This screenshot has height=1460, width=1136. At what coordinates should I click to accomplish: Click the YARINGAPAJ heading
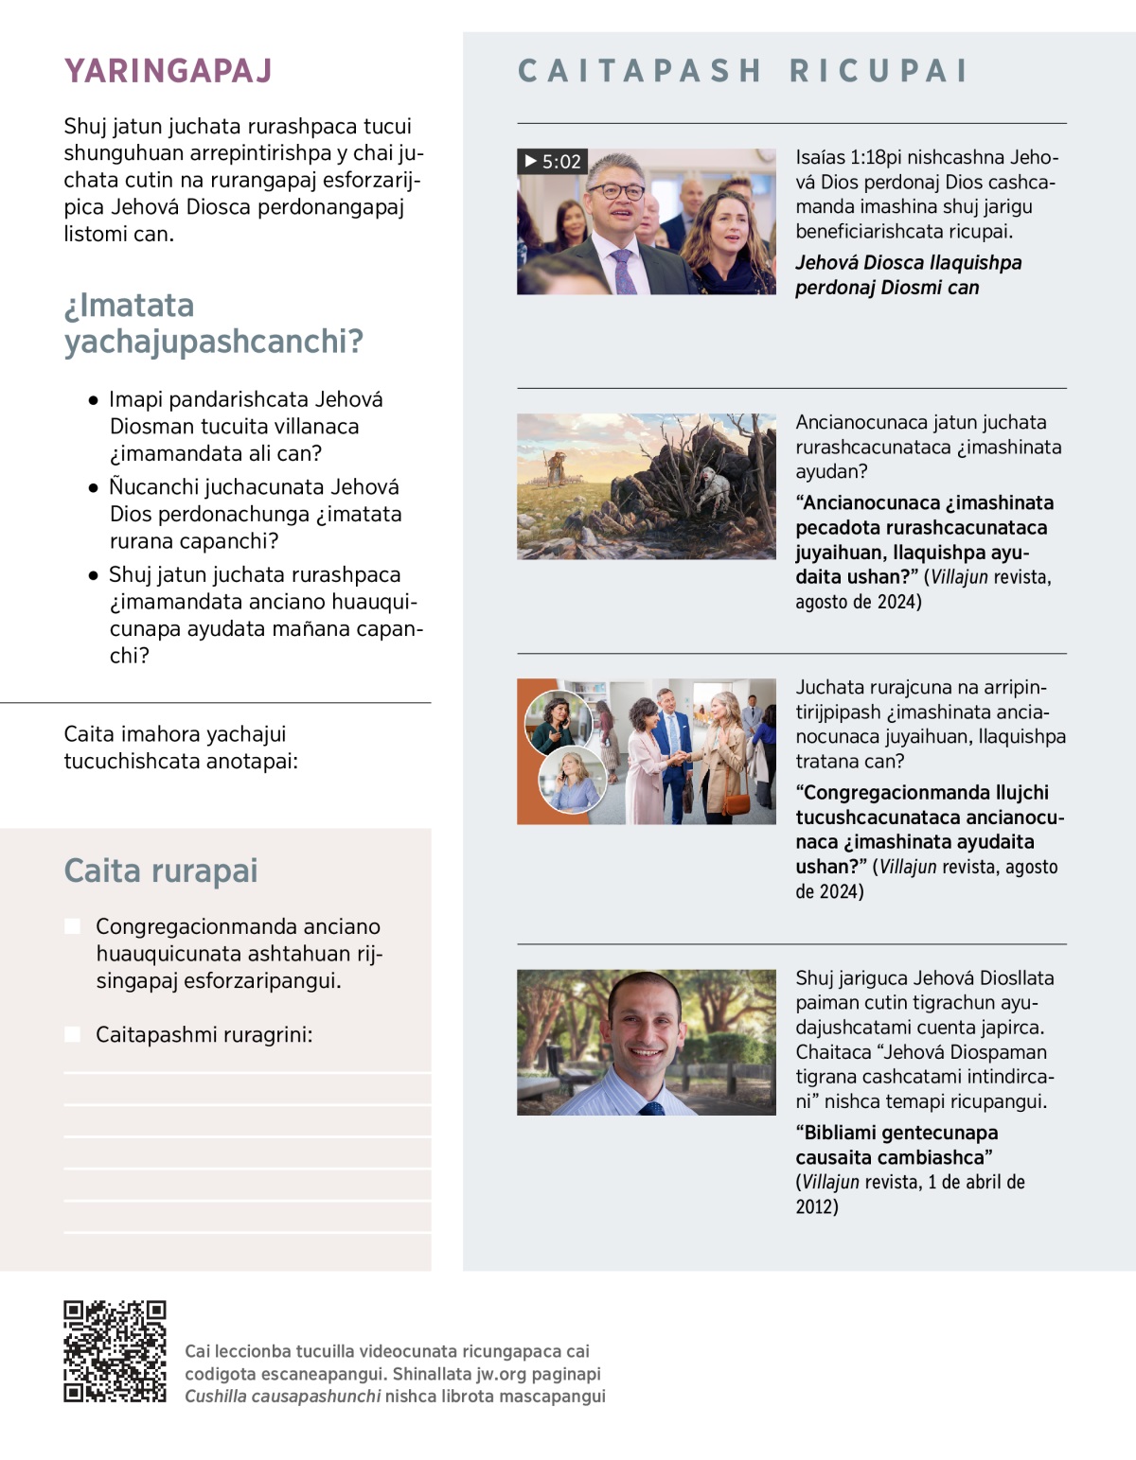pos(168,71)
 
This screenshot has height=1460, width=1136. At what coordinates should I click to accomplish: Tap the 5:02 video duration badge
pos(553,162)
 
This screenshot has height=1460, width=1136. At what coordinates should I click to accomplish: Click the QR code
pos(115,1350)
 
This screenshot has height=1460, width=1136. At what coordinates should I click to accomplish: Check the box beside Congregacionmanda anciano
pos(73,926)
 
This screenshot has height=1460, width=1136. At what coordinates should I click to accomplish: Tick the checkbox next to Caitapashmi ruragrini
pos(73,1034)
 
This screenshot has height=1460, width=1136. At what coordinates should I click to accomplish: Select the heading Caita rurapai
pos(160,871)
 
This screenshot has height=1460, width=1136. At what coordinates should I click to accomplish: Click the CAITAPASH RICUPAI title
pos(743,71)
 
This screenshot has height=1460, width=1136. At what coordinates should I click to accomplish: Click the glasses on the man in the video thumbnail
pos(616,191)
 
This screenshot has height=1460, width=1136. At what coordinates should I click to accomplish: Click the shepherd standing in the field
pos(558,466)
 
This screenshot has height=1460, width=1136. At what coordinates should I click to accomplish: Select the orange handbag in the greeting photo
pos(736,802)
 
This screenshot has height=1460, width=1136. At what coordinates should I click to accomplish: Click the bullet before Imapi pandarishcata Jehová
pos(93,400)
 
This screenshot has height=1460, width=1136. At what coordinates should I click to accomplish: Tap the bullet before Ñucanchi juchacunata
pos(93,488)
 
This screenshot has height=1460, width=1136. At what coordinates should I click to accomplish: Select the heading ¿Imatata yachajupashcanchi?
pos(213,323)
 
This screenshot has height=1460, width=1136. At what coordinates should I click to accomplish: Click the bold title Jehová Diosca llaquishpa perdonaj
pos(908,274)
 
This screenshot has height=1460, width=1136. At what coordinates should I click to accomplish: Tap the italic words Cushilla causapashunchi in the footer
pos(282,1396)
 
